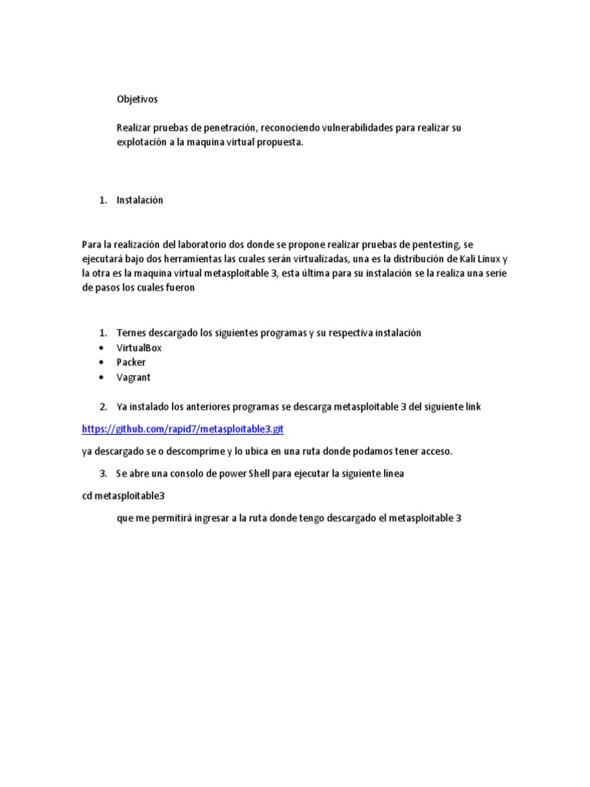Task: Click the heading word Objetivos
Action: pyautogui.click(x=137, y=99)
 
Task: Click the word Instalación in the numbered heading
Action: pyautogui.click(x=140, y=200)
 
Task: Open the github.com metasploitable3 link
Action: pyautogui.click(x=188, y=429)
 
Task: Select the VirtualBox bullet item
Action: pyautogui.click(x=139, y=347)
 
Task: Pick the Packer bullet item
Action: pyautogui.click(x=131, y=362)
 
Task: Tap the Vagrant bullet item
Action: pyautogui.click(x=134, y=377)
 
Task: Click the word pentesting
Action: pyautogui.click(x=436, y=244)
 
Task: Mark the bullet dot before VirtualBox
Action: pyautogui.click(x=101, y=348)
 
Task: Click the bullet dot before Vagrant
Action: pyautogui.click(x=101, y=377)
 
